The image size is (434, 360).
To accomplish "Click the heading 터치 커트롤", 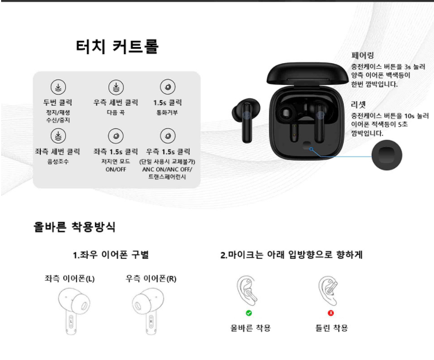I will coord(117,47).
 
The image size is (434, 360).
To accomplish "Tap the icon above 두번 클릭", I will coord(58,87).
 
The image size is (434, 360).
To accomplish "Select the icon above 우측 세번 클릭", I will coord(115,87).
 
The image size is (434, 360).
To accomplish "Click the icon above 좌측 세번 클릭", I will coord(58,136).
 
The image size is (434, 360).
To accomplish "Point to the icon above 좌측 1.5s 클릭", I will coord(115,136).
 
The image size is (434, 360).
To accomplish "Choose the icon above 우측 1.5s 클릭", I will coord(167,136).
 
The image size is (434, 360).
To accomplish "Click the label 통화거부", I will coord(167,112).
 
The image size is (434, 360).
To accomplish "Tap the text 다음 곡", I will coord(115,112).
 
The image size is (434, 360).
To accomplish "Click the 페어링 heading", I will coord(362,56).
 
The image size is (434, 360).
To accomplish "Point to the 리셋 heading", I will coord(358,105).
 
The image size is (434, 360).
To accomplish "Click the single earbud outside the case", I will coord(244,120).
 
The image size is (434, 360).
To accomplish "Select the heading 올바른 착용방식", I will coord(74,227).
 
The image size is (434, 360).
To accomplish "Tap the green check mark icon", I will coord(249,313).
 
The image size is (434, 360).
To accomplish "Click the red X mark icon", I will coord(331,313).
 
